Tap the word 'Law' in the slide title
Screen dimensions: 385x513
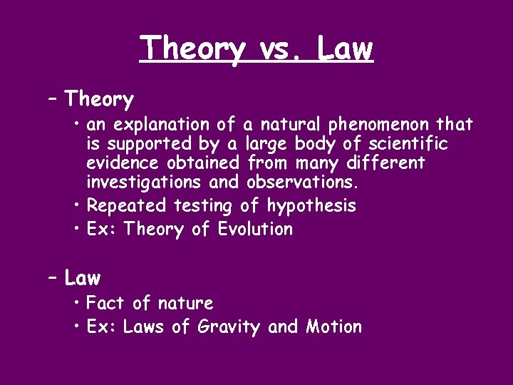click(x=344, y=48)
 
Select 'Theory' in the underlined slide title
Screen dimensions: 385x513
click(x=193, y=49)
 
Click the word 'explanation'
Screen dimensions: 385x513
click(x=162, y=125)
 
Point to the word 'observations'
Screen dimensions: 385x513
click(x=303, y=183)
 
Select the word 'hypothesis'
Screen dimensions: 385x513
click(x=311, y=206)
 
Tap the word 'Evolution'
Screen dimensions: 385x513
click(x=255, y=230)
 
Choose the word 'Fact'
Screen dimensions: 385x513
click(x=105, y=304)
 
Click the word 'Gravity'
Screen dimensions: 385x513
click(x=229, y=327)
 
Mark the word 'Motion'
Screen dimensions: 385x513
click(x=333, y=327)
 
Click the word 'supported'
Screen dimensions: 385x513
click(x=142, y=145)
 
